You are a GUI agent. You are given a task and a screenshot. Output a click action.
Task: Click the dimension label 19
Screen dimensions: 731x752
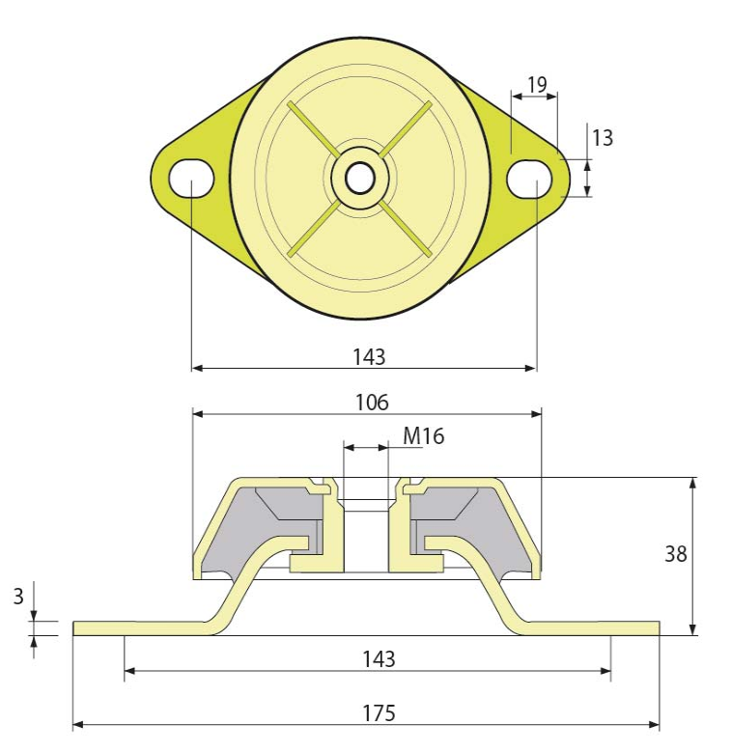537,85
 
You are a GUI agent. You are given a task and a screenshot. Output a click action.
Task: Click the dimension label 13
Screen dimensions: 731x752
603,138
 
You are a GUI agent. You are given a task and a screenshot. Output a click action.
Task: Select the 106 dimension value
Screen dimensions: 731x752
372,403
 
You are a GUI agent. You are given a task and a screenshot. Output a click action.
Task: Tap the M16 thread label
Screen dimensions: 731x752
424,436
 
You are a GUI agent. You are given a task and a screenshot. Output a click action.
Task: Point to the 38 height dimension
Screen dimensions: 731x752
675,554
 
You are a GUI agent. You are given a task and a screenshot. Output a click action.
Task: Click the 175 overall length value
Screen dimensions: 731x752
379,712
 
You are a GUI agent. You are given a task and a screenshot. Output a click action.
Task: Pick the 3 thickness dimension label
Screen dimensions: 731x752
18,597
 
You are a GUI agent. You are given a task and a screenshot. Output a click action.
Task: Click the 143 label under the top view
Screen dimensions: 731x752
369,357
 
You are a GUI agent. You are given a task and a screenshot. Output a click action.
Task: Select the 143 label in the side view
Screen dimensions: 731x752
379,659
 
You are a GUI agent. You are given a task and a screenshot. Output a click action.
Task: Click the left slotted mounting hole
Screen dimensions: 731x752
191,179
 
